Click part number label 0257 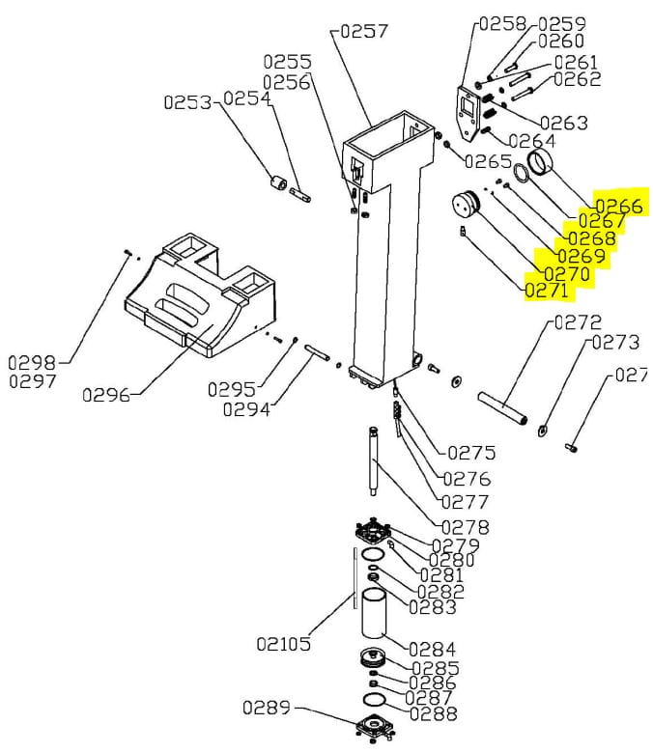[x=363, y=32]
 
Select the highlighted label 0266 [x=619, y=206]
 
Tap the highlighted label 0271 [x=547, y=291]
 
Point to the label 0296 [x=106, y=395]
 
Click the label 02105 [x=284, y=644]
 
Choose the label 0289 [x=267, y=708]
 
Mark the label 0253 [x=187, y=102]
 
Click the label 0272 [x=578, y=322]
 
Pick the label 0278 [x=465, y=527]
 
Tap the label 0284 [x=432, y=650]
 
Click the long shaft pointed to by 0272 [x=503, y=407]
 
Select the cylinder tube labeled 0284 [x=374, y=613]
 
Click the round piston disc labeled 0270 [x=466, y=205]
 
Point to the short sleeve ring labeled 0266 [x=540, y=163]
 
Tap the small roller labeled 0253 [x=277, y=183]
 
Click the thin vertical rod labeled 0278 [x=373, y=460]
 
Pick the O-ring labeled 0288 [x=375, y=700]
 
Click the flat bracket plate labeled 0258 [x=468, y=114]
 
